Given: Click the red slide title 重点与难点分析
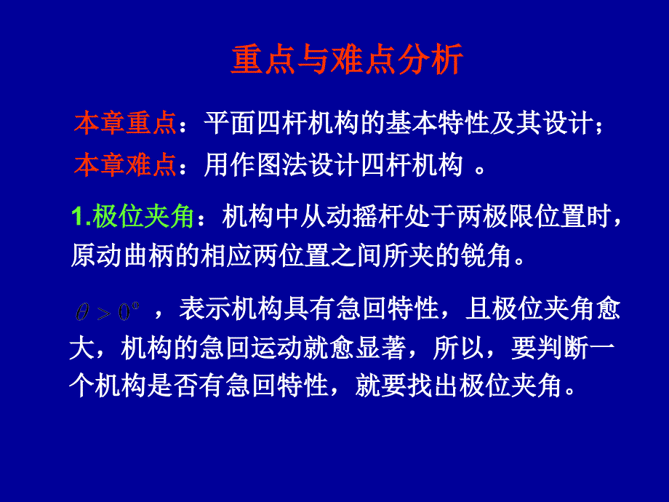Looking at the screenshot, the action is (x=347, y=60).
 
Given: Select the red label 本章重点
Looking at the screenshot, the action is (x=125, y=123).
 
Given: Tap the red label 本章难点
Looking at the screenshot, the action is (x=125, y=164).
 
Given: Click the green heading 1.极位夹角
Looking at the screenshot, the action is (x=132, y=216).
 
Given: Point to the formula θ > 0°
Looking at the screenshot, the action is (x=108, y=311).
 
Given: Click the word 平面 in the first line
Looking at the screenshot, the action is (x=230, y=123).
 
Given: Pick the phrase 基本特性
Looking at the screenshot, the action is (x=437, y=123).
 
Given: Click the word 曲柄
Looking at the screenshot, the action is (x=148, y=255).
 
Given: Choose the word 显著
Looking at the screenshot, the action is (x=381, y=348).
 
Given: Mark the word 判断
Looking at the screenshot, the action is (x=563, y=348).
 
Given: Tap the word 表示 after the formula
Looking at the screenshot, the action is (x=205, y=308).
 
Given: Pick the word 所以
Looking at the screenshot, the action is (x=459, y=348).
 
